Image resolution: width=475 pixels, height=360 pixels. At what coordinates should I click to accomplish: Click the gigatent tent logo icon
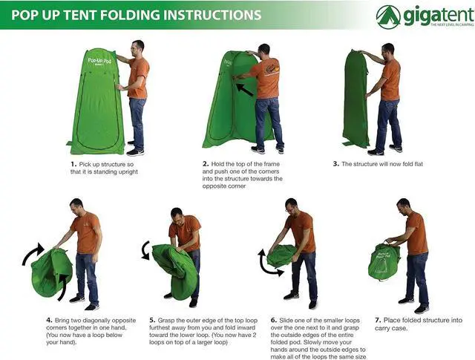point(388,17)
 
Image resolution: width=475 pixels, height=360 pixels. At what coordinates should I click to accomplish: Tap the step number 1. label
point(73,164)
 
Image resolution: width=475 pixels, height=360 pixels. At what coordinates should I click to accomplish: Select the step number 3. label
point(335,164)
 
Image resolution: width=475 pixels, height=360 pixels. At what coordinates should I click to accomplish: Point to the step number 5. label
point(152,321)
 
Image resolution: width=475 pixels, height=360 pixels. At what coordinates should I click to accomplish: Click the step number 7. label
point(378,321)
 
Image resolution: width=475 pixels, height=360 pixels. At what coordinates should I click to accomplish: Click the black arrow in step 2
point(244,90)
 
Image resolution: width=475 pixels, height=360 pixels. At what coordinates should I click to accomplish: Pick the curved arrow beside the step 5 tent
point(146,250)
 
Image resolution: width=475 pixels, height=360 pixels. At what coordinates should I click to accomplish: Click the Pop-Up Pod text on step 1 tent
point(99,61)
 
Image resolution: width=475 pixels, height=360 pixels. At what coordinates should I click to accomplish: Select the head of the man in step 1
point(138,48)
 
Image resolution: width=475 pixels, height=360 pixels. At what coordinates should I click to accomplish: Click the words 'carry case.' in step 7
point(391,328)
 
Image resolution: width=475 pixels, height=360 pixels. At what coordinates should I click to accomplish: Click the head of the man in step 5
point(177,216)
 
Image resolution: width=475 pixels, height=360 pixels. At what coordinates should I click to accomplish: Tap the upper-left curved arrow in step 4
point(33,253)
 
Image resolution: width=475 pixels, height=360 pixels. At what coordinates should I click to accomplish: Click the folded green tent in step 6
point(282,256)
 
